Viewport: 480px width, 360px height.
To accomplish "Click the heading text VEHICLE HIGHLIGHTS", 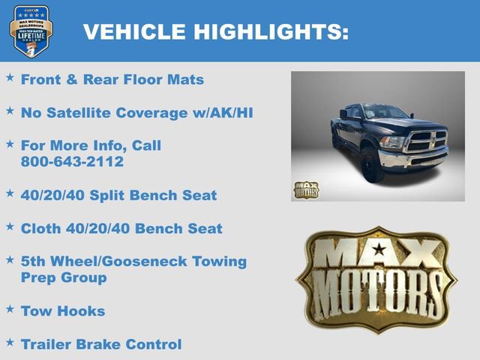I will click(215, 31).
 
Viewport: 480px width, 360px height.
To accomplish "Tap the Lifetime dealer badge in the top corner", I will click(31, 31).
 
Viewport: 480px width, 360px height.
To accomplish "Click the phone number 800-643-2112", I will click(72, 161).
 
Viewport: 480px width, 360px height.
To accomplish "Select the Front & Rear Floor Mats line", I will click(112, 79).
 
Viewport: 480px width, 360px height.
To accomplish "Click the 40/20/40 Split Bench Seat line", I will click(118, 195).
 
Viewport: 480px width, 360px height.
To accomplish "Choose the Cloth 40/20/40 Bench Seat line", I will click(121, 228).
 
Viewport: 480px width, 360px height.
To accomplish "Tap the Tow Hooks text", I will click(63, 310).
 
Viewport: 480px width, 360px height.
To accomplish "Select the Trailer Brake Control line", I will click(101, 344).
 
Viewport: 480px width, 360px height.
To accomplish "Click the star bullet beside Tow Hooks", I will click(10, 308).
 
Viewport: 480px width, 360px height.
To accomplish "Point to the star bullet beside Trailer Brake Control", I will click(10, 342).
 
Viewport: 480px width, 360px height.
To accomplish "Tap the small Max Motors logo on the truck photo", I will click(305, 190).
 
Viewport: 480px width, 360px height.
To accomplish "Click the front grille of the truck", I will click(425, 140).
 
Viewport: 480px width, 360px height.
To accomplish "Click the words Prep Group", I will click(64, 277).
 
